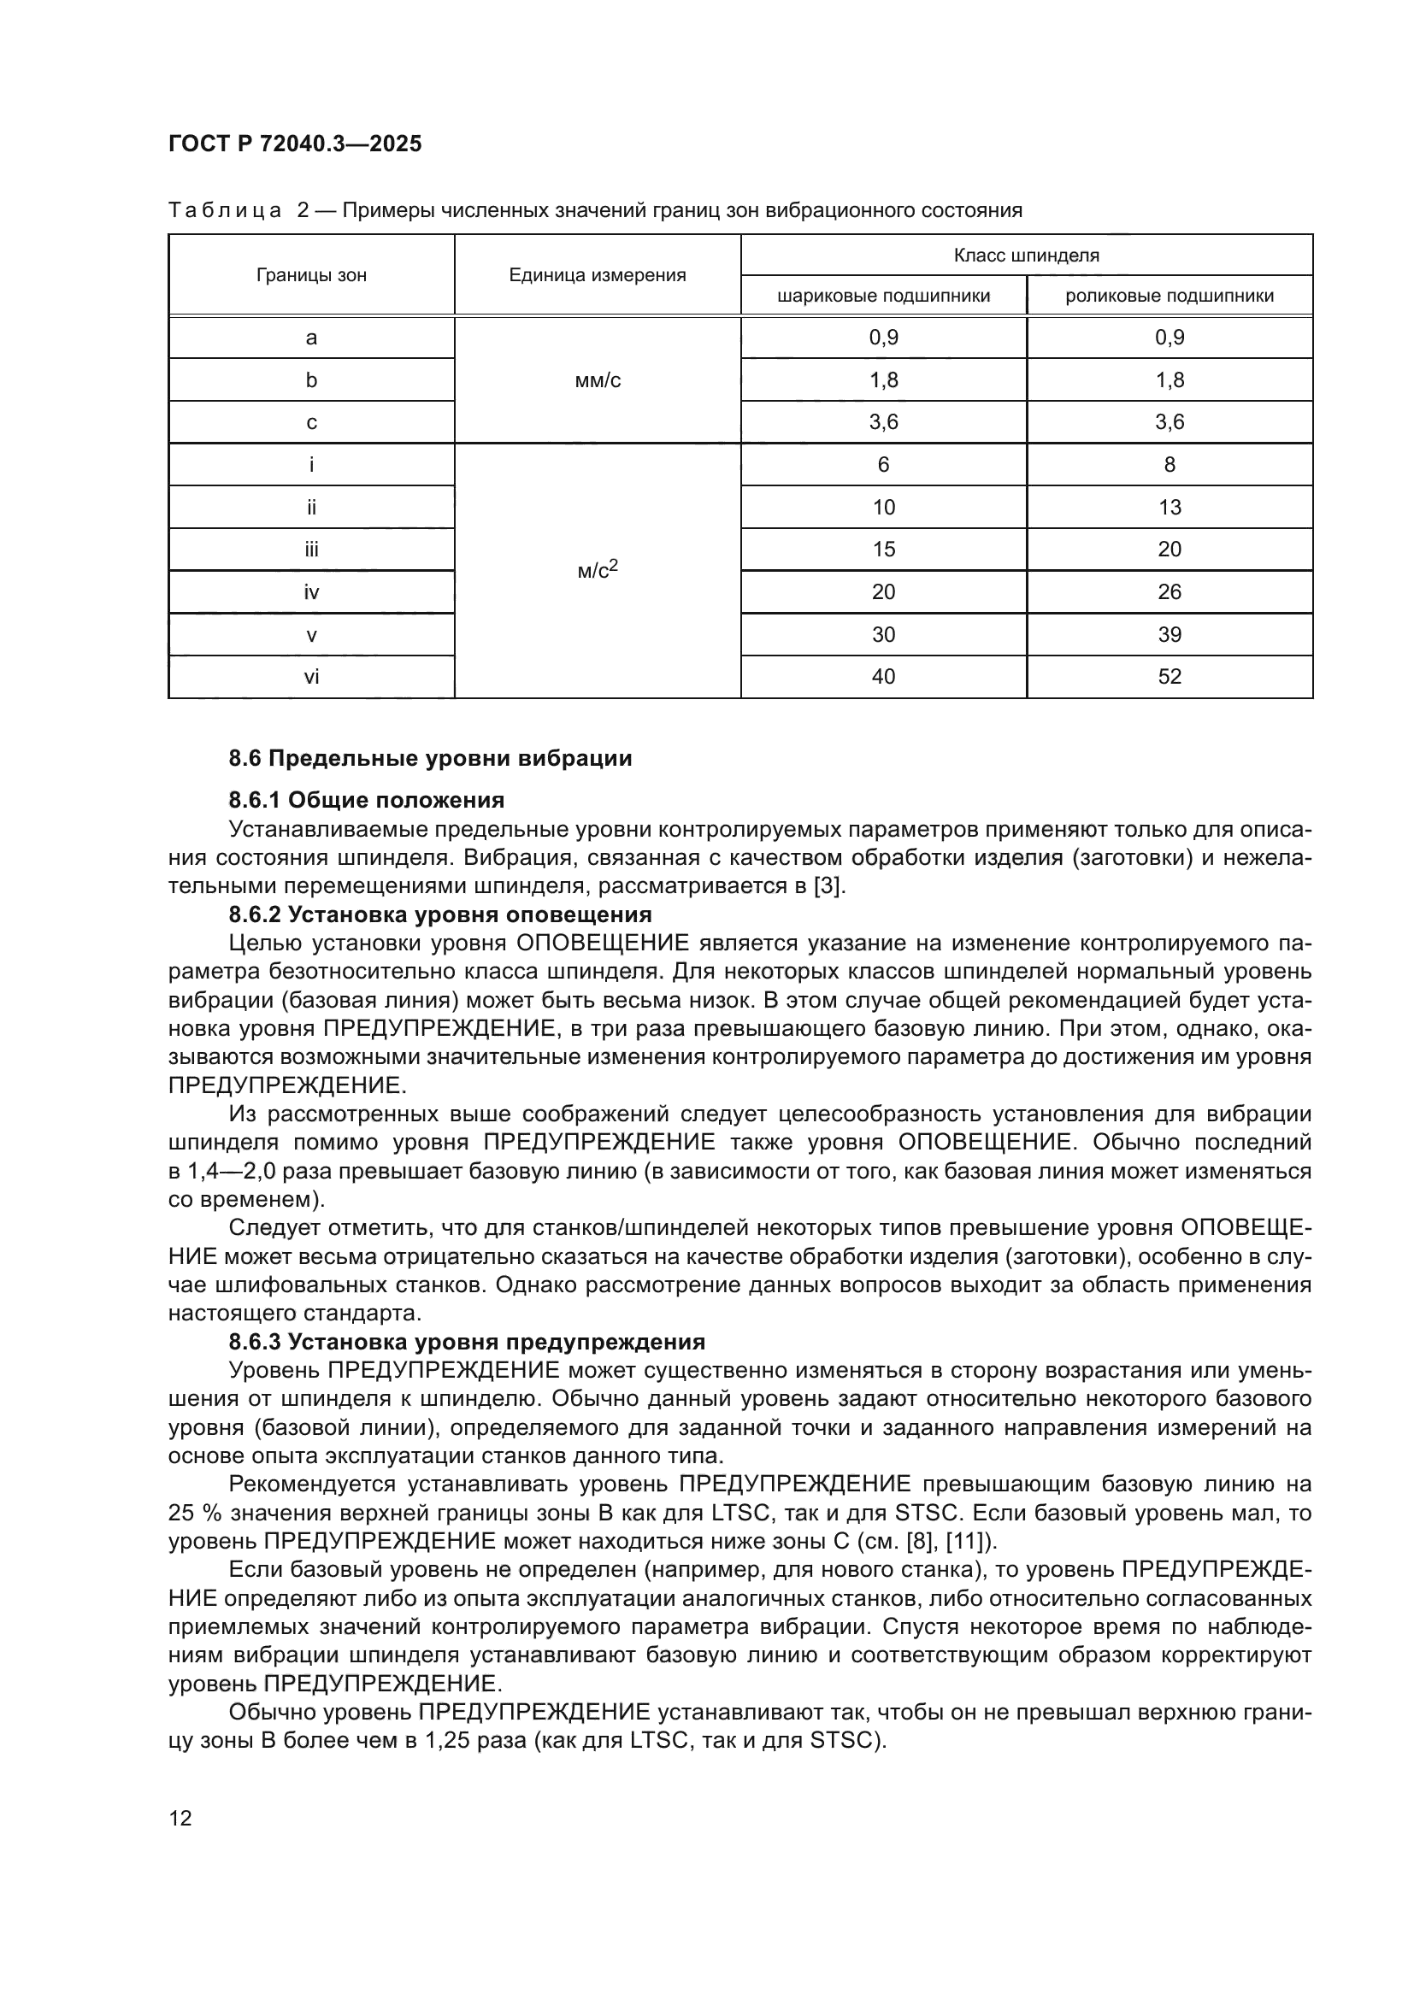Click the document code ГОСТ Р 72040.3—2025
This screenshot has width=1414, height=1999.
click(294, 144)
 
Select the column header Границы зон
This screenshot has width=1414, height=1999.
click(311, 275)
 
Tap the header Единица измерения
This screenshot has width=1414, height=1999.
click(598, 275)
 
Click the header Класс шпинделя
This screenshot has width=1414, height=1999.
click(1027, 255)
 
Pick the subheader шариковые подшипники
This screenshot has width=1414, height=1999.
click(883, 296)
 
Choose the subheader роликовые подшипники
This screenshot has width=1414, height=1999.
click(1169, 296)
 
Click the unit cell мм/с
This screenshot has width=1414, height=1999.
click(598, 380)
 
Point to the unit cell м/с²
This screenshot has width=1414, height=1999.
click(598, 571)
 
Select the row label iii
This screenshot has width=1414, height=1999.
click(311, 550)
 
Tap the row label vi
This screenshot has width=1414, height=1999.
click(311, 677)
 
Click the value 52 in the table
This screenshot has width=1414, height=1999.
click(1169, 677)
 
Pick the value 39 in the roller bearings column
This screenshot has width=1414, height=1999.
click(1169, 635)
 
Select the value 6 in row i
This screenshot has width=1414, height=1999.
click(883, 465)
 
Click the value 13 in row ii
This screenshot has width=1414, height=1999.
click(1169, 508)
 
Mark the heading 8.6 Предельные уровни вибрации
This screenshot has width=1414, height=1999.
click(430, 758)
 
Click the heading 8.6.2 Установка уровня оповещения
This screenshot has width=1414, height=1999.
click(439, 914)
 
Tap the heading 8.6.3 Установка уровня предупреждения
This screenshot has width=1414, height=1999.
click(467, 1342)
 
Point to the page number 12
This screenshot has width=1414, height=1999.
click(180, 1818)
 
